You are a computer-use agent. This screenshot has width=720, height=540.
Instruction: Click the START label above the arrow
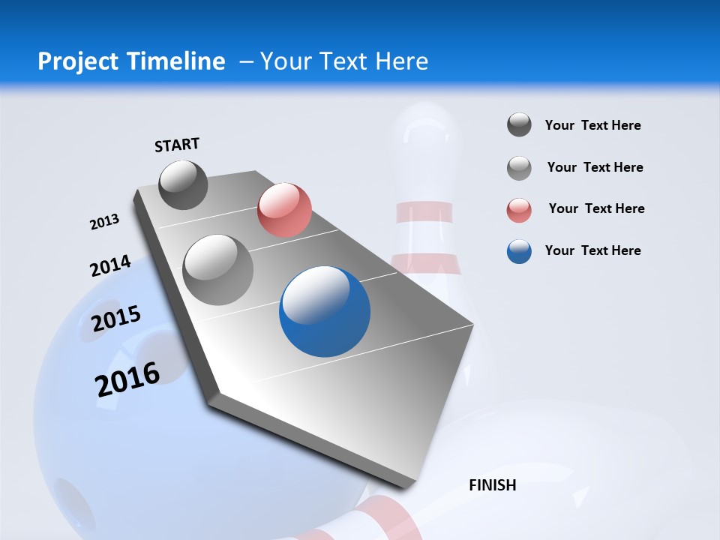click(177, 145)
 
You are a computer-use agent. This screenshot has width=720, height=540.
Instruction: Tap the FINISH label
click(493, 485)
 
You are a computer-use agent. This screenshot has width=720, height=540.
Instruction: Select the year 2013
click(104, 222)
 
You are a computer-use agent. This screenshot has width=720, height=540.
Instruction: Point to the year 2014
click(110, 265)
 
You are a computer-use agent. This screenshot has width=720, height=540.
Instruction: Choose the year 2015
click(116, 319)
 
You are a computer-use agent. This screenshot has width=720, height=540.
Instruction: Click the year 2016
click(127, 379)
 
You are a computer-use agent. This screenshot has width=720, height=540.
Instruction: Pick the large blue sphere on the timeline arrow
click(325, 311)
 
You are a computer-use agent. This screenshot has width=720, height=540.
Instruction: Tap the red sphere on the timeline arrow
click(284, 209)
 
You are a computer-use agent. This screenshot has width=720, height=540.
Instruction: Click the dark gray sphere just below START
click(183, 184)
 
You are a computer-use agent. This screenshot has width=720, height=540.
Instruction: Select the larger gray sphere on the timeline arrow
click(217, 269)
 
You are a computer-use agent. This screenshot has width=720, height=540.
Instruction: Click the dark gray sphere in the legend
click(519, 124)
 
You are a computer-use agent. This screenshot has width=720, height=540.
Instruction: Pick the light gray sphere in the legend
click(519, 168)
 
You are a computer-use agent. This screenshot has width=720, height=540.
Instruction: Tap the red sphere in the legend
click(519, 210)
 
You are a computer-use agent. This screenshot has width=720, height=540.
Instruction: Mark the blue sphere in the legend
click(519, 251)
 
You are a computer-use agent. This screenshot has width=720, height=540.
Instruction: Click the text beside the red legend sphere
click(596, 208)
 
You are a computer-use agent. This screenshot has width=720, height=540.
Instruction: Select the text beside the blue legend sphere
click(592, 250)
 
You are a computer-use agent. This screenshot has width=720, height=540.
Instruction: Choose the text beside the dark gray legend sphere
click(592, 125)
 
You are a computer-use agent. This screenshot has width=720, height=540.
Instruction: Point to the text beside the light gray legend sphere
click(595, 167)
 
